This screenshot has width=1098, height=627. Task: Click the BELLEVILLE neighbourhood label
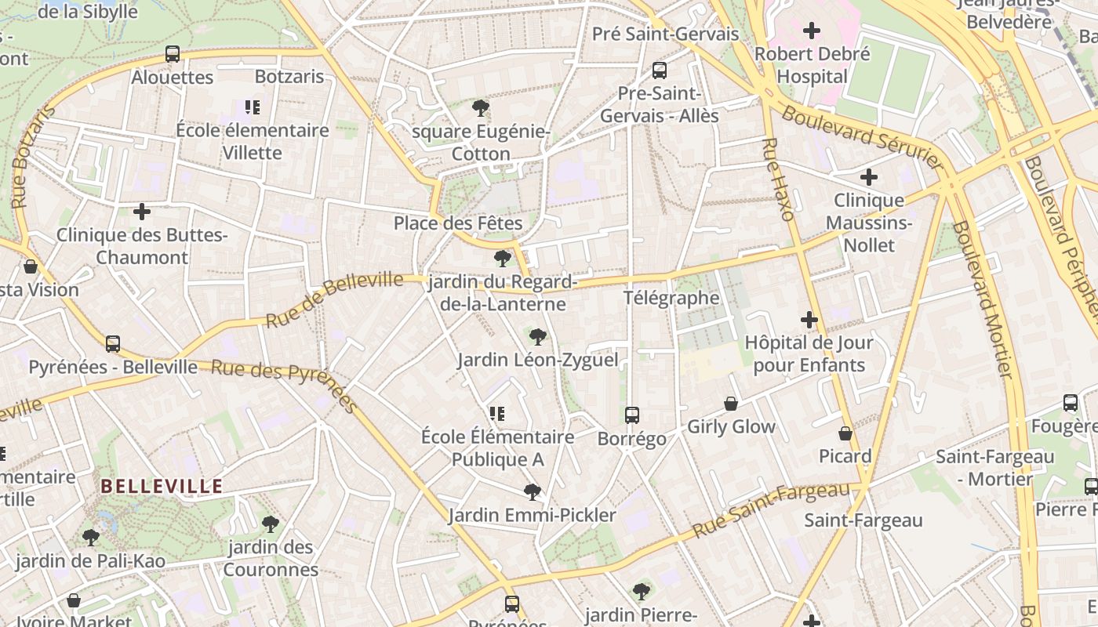[162, 487]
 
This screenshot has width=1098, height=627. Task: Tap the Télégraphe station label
[671, 298]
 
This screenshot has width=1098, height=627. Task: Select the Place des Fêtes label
[458, 223]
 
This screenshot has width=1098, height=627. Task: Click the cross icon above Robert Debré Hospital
[812, 31]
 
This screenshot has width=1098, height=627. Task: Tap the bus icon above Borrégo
[632, 415]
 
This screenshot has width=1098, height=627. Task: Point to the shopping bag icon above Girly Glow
[731, 404]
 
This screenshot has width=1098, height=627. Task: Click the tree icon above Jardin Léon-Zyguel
[537, 337]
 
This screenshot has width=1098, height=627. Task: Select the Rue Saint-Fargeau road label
[771, 510]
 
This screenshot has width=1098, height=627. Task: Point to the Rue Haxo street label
[777, 179]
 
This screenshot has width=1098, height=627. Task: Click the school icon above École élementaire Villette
[252, 107]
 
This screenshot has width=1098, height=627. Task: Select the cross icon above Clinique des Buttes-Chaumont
[142, 212]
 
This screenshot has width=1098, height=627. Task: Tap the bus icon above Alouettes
[173, 54]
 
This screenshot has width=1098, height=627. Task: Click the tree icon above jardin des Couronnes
[271, 524]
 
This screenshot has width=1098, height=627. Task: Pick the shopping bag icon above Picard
[845, 433]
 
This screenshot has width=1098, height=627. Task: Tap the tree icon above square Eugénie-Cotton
[481, 108]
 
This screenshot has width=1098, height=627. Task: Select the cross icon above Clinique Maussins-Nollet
[869, 177]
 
